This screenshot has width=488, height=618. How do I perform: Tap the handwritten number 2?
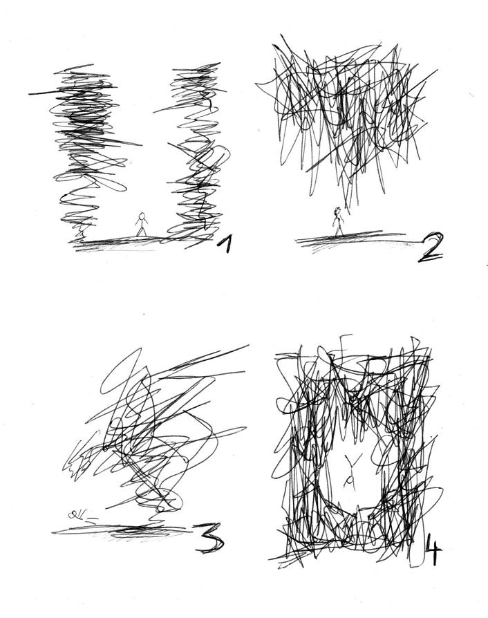[431, 247]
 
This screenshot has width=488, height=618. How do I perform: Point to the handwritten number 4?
[433, 549]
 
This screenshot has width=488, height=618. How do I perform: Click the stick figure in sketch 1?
[142, 225]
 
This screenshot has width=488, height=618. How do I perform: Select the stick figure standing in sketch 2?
[338, 222]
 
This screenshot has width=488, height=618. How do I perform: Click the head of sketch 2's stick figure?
[337, 211]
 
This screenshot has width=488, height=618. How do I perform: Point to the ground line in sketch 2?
[355, 238]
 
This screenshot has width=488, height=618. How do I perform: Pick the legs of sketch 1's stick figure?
[142, 232]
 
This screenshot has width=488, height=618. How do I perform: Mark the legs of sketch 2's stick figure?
[338, 230]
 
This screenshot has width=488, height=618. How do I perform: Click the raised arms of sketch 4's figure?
[350, 460]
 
